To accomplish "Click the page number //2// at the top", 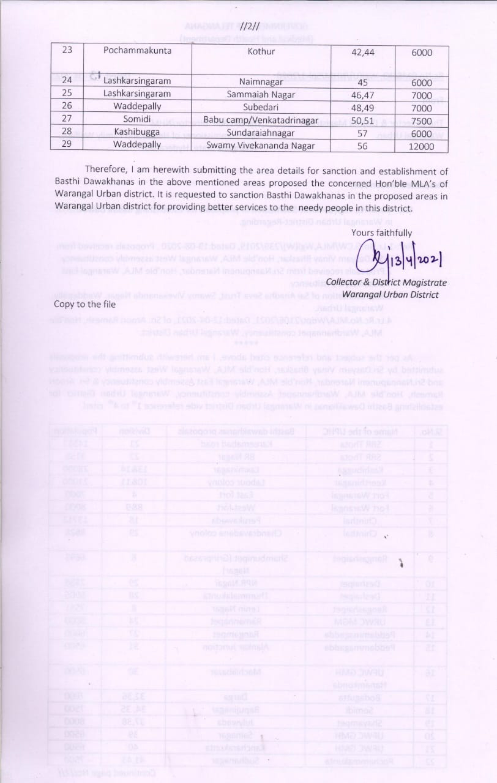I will point(250,27).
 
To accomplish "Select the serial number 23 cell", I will point(68,51).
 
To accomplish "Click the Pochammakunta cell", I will point(137,51).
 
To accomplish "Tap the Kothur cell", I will point(261,52).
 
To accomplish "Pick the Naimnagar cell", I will point(261,81).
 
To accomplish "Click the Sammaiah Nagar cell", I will point(261,95).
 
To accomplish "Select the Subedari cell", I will point(261,108).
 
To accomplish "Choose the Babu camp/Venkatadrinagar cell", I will point(261,121).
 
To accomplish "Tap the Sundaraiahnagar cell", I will point(261,133).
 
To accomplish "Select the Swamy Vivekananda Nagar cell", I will point(261,146).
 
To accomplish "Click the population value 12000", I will point(422,147).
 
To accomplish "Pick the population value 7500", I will point(422,121).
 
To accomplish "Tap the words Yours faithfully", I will point(381,232).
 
